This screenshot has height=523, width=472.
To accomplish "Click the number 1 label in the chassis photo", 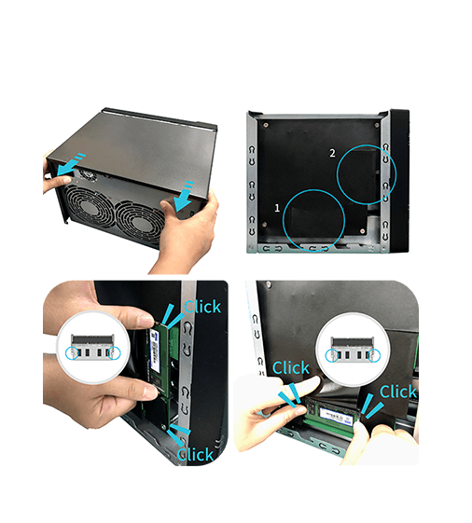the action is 277,208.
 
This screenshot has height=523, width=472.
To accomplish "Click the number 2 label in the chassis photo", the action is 332,153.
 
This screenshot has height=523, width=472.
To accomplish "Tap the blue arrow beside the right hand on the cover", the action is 184,196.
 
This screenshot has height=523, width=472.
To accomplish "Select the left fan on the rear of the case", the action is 88,209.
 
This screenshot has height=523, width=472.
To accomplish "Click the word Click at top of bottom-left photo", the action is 202,307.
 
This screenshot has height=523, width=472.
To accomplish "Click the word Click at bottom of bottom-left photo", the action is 195,454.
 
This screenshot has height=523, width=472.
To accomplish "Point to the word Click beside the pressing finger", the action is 291,367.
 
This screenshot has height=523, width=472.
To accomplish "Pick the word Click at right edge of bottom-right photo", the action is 398,392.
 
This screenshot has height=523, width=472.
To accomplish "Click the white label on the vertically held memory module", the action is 154,350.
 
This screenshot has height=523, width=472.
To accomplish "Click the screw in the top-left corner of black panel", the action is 266,125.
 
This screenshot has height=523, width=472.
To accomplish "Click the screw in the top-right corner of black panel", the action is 377,125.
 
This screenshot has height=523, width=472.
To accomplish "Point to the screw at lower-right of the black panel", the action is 363,231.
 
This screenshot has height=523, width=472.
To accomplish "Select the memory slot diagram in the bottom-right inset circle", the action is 353,350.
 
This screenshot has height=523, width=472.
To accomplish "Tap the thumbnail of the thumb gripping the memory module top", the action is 145,321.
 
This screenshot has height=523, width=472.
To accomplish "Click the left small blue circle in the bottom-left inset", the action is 72,353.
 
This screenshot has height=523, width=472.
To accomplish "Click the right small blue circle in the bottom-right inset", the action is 374,355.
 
